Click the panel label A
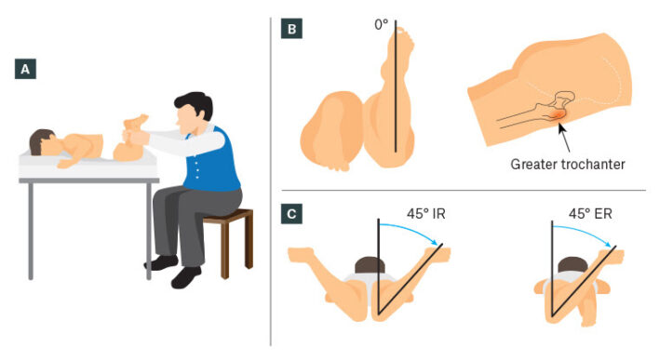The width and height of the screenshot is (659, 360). tap(25, 69)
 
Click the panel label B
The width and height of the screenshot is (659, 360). tap(291, 29)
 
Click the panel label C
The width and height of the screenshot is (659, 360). tap(291, 213)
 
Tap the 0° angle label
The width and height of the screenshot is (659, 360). tap(381, 25)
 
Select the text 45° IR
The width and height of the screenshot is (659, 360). tap(425, 213)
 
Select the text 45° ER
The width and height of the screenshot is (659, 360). tap(590, 213)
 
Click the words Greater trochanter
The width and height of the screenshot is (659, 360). tap(568, 164)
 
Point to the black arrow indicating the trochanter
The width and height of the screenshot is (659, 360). tap(564, 137)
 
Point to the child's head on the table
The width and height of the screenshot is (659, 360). tap(43, 142)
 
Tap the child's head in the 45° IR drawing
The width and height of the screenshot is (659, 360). tap(370, 265)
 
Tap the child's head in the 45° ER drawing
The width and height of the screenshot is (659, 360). tap(572, 265)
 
